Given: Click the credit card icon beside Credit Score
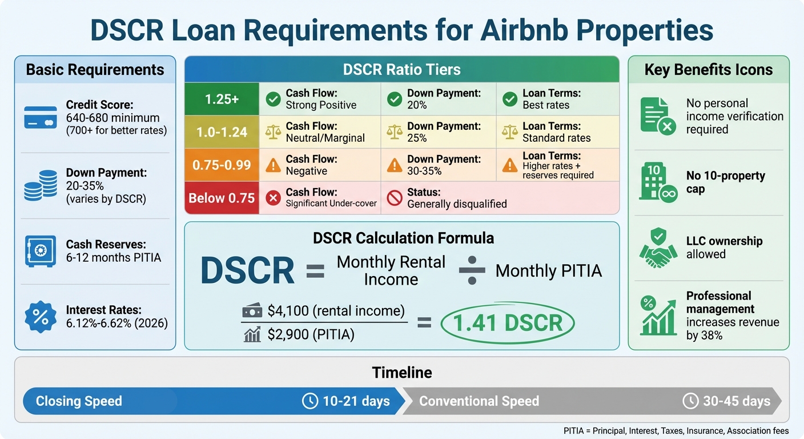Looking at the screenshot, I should (x=41, y=117).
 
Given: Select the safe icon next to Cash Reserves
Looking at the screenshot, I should (x=41, y=251).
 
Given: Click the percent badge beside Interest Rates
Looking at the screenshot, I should (x=41, y=317).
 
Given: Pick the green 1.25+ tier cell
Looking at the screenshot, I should (x=222, y=99).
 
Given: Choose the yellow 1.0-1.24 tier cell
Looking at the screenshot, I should (x=222, y=132).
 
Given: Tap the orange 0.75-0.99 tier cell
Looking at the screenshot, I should (x=222, y=165).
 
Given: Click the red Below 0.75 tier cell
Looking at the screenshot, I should (x=222, y=198).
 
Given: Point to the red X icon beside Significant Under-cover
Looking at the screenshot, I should (x=274, y=198).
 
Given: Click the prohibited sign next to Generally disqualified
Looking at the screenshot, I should (x=395, y=198).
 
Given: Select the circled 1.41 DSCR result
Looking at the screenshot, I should (x=507, y=323).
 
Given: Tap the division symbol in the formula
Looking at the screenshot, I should (x=472, y=270).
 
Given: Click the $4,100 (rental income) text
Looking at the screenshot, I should (x=336, y=311).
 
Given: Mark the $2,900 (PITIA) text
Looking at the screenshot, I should (x=311, y=334).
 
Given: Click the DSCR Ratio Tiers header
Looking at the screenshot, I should (x=401, y=70).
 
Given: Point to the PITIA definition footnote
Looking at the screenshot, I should (x=676, y=431).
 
